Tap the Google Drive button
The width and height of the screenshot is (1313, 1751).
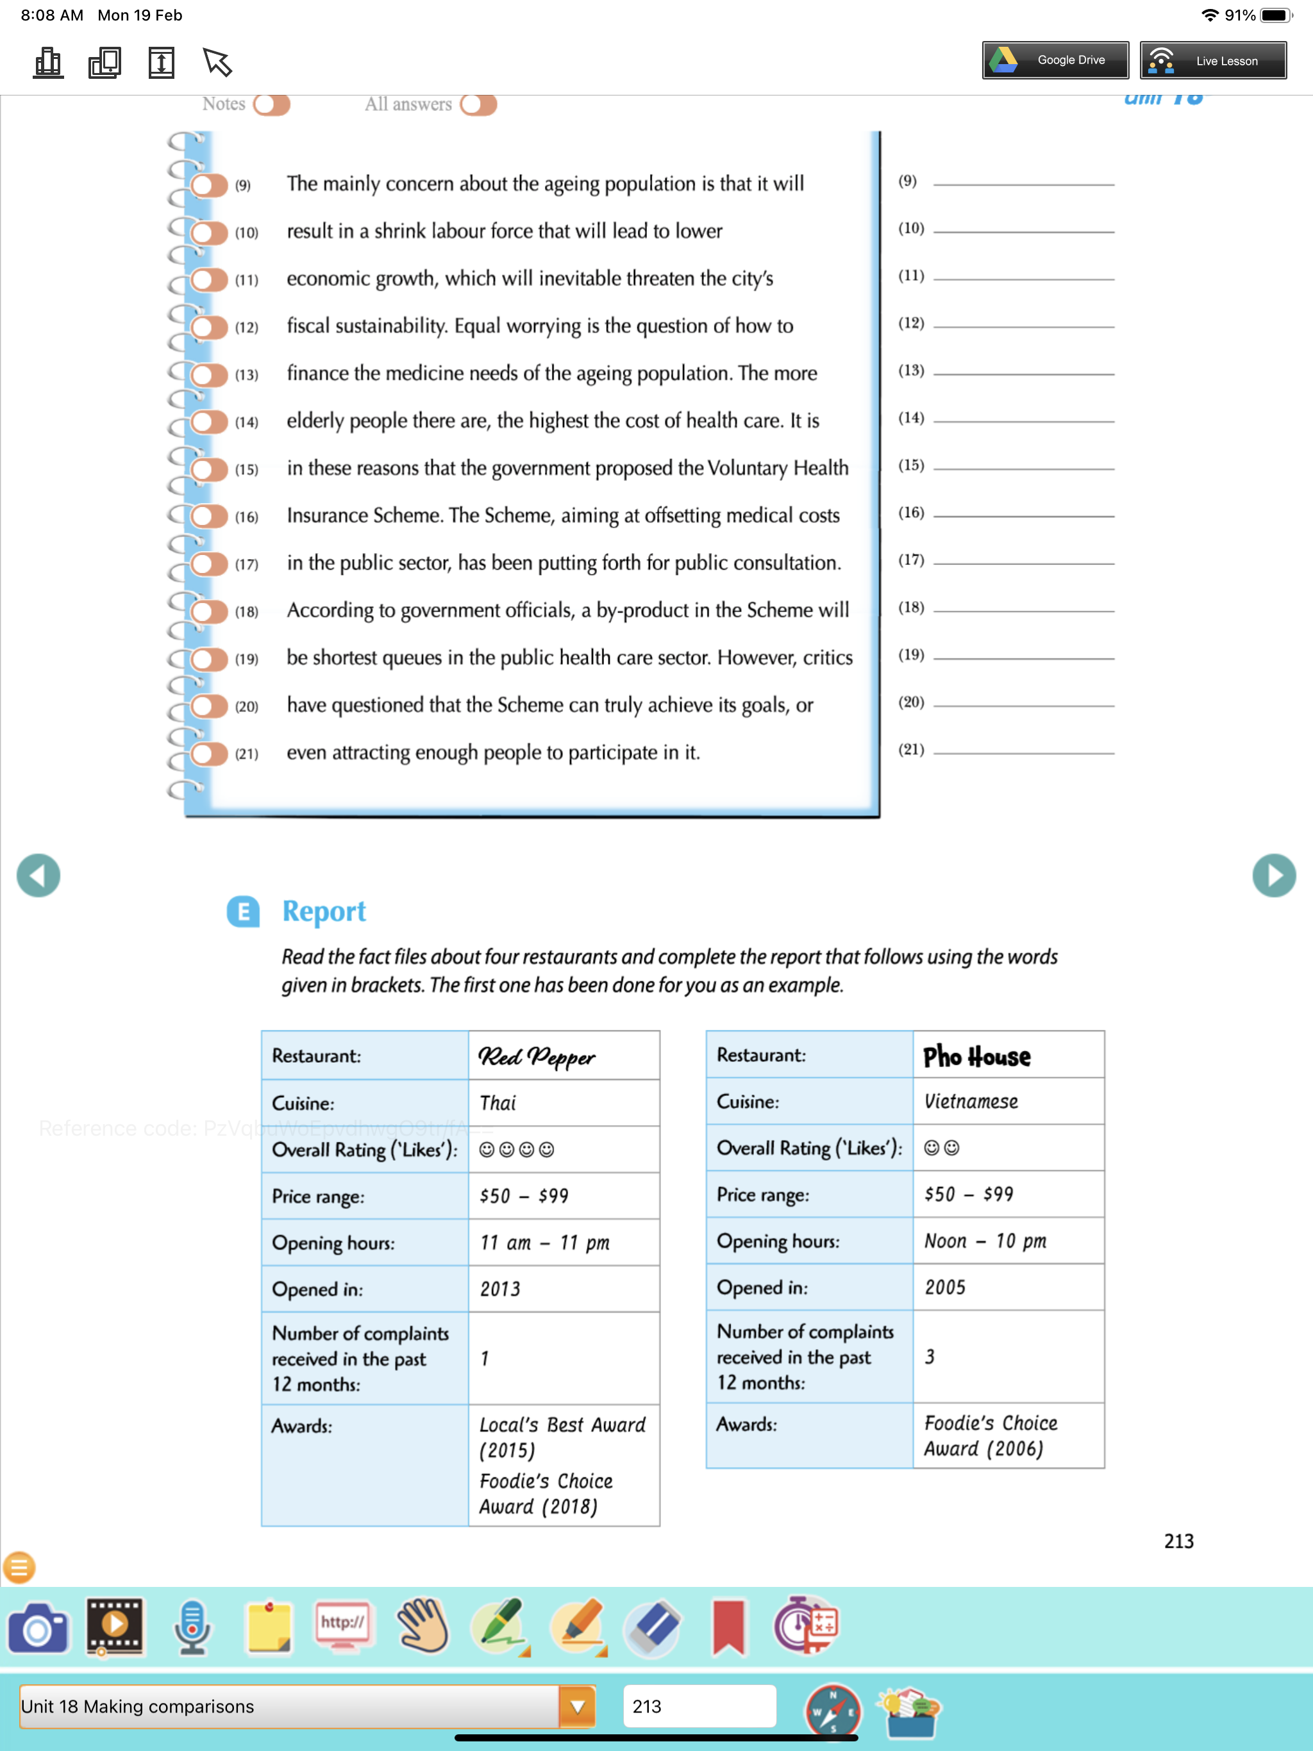pyautogui.click(x=1055, y=60)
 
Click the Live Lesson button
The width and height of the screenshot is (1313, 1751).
pyautogui.click(x=1212, y=60)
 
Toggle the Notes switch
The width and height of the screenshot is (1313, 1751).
pyautogui.click(x=272, y=104)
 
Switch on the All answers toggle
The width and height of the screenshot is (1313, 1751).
pyautogui.click(x=478, y=104)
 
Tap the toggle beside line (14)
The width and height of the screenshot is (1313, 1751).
pyautogui.click(x=209, y=422)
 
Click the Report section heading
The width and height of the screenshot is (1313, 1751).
pyautogui.click(x=324, y=911)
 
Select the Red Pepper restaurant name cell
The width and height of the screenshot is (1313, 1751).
pyautogui.click(x=563, y=1056)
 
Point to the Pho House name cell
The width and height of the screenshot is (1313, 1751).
pyautogui.click(x=1007, y=1055)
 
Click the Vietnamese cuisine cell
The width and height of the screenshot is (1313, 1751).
pyautogui.click(x=1007, y=1101)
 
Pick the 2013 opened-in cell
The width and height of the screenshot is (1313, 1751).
pyautogui.click(x=563, y=1289)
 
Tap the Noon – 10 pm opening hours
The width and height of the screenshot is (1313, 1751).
pyautogui.click(x=1007, y=1240)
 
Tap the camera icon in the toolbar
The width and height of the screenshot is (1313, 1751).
pyautogui.click(x=37, y=1629)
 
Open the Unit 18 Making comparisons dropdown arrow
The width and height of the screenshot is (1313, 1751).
pyautogui.click(x=577, y=1706)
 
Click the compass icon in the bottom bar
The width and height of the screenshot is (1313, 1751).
pyautogui.click(x=832, y=1711)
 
